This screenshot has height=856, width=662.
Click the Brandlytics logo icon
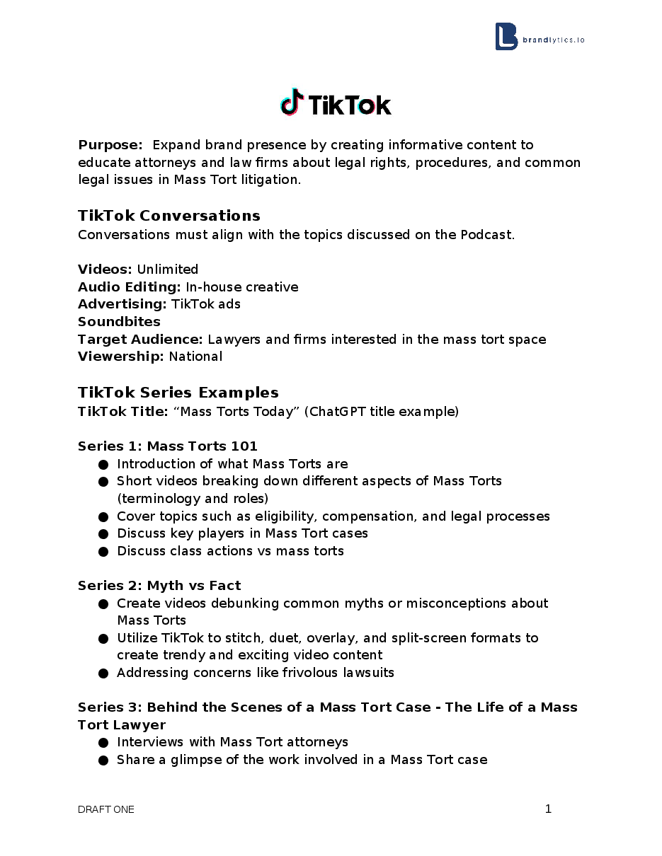coord(506,37)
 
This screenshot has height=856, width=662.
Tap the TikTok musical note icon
coord(291,103)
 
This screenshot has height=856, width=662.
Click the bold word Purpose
coord(110,145)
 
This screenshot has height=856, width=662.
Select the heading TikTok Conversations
coord(169,216)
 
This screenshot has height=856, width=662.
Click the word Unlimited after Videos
coord(168,270)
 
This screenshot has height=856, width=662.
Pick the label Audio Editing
coord(129,287)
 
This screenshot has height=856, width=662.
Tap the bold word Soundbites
coord(119,322)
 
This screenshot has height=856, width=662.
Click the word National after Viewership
coord(195,357)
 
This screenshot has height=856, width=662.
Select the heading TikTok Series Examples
coord(178,393)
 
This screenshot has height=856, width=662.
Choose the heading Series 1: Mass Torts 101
coord(168,446)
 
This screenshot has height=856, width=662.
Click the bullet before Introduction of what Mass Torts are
coord(103,464)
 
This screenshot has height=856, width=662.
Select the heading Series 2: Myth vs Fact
coord(159,586)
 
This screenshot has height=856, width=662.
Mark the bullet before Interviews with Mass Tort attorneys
coord(103,742)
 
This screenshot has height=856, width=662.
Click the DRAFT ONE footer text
coord(106,809)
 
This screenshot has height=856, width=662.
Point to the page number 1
coord(548,809)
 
